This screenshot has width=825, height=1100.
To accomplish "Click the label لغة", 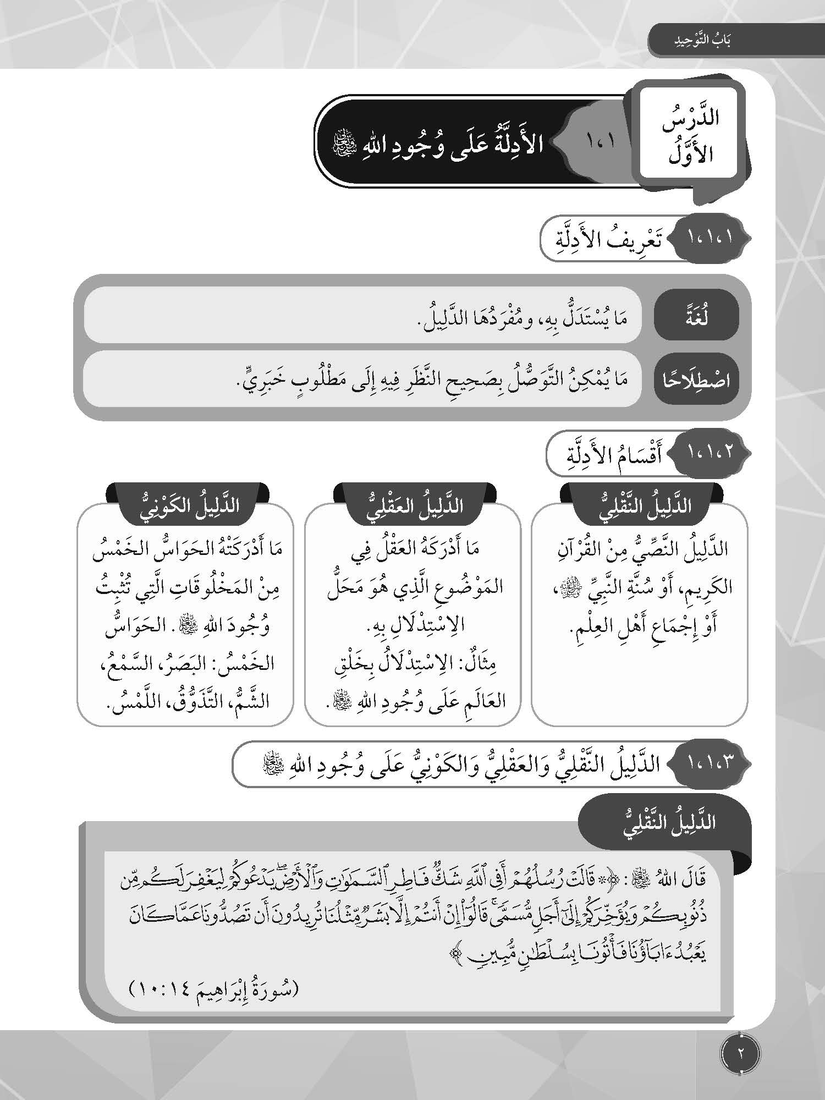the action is coord(696,318).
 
